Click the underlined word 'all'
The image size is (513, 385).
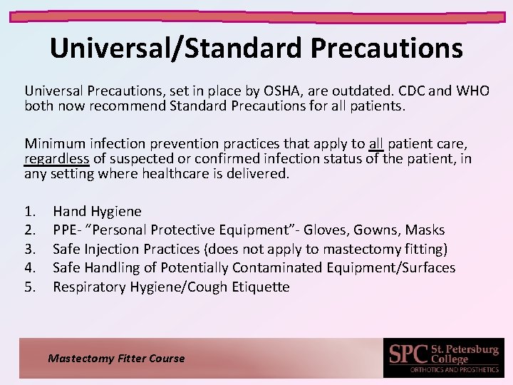tap(376, 143)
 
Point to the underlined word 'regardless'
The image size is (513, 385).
tap(56, 158)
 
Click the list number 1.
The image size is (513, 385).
tap(30, 212)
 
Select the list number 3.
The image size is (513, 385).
tap(30, 250)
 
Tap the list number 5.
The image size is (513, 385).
tap(30, 287)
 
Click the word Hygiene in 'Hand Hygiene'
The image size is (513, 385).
tap(116, 212)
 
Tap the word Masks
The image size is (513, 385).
tap(425, 230)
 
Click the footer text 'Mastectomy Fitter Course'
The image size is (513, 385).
tap(116, 359)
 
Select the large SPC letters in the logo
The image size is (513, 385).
tap(409, 354)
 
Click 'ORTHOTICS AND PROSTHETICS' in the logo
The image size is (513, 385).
tap(453, 369)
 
